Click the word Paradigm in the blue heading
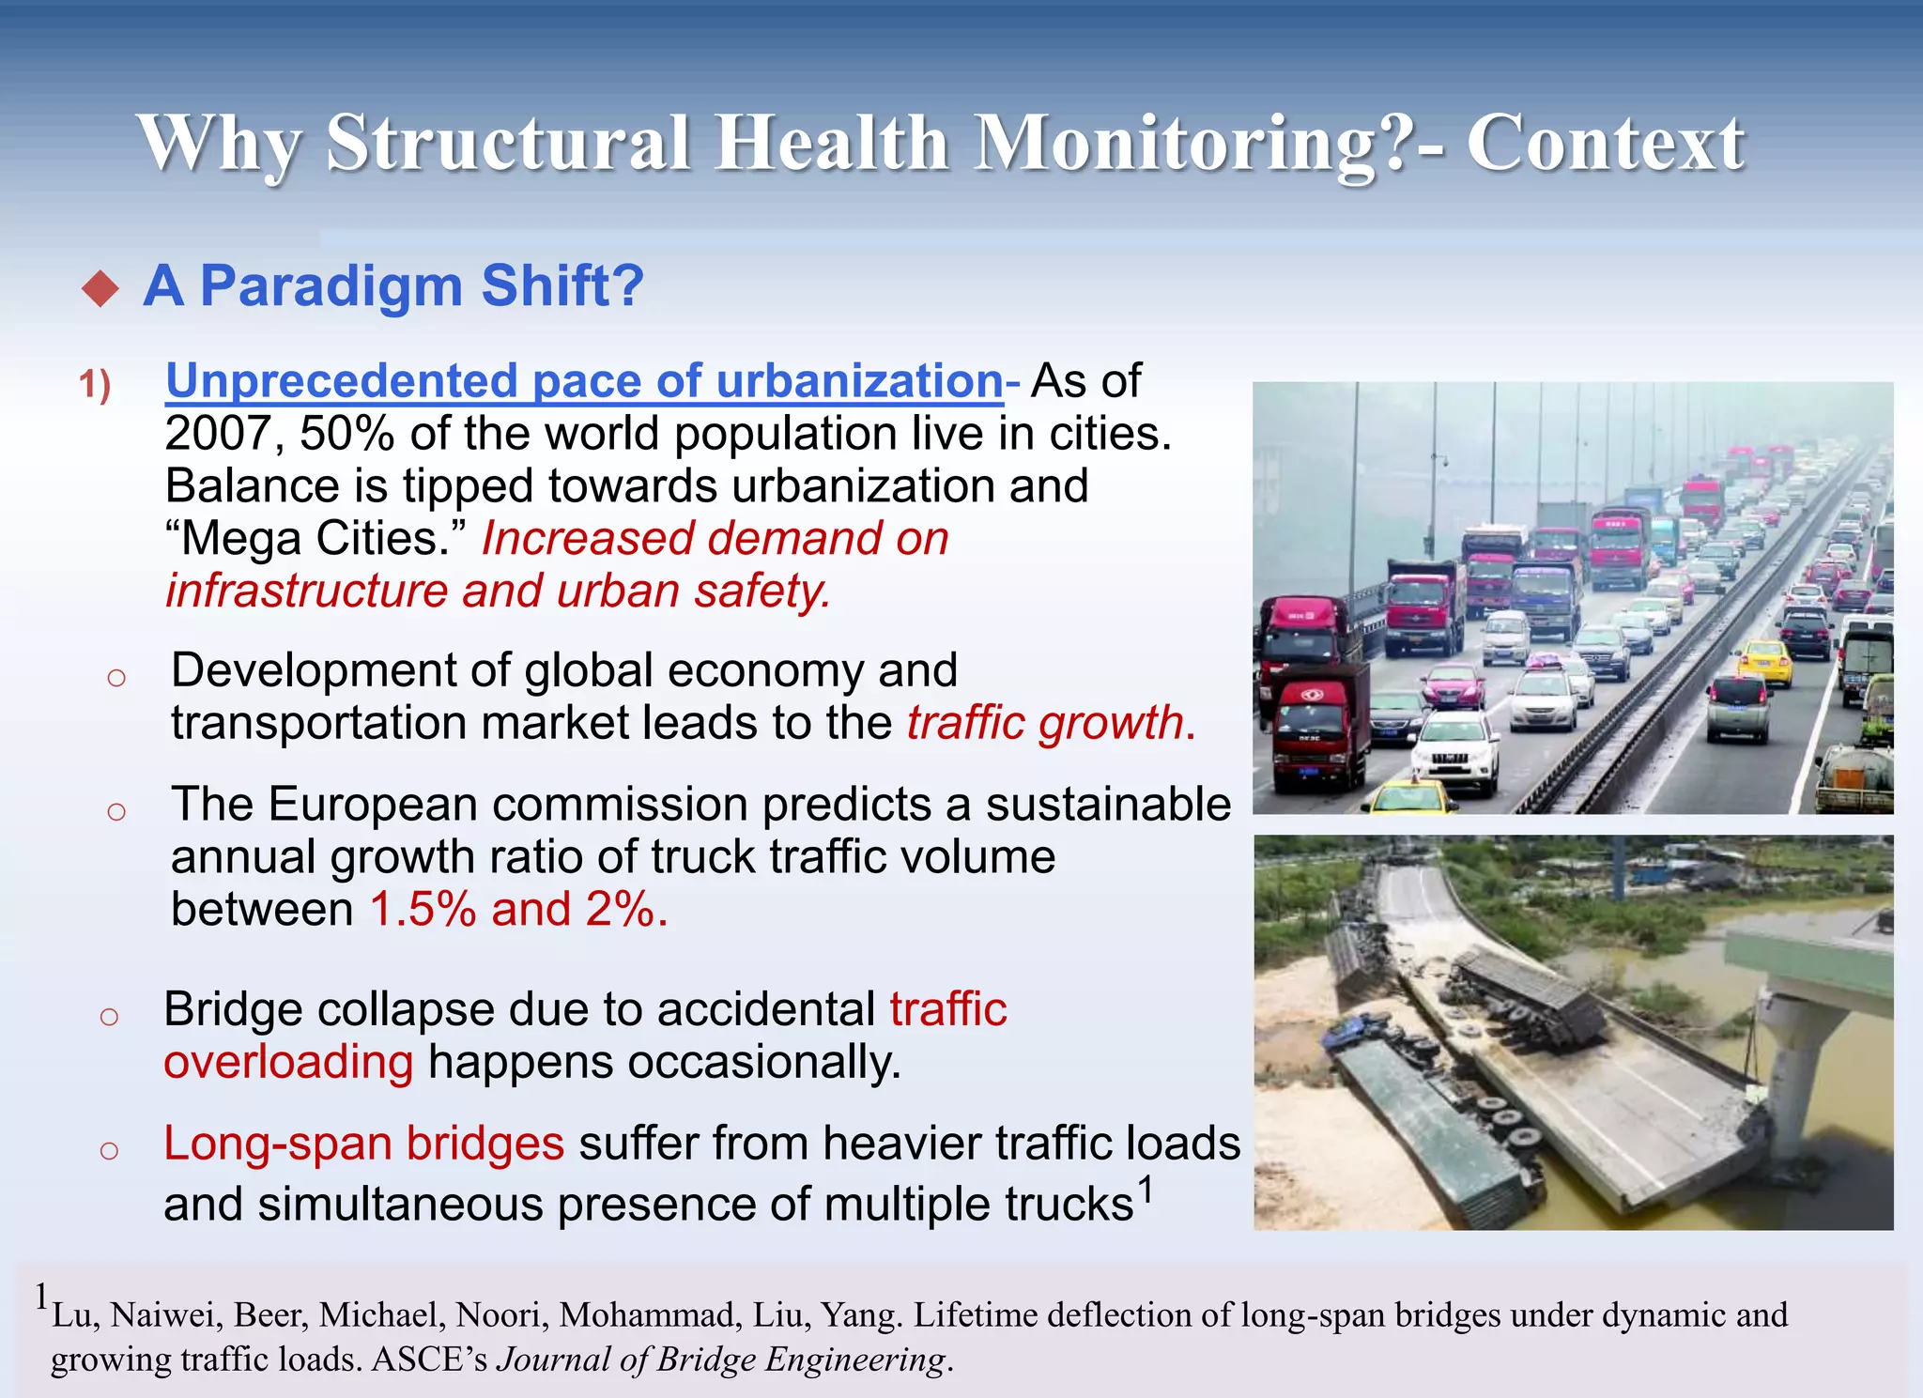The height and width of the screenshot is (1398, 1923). click(x=331, y=285)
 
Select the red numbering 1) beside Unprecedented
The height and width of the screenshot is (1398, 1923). click(x=94, y=385)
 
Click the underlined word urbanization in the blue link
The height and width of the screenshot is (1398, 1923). click(x=859, y=381)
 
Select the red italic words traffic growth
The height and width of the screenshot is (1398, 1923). click(x=1044, y=723)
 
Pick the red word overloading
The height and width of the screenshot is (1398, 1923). click(x=288, y=1062)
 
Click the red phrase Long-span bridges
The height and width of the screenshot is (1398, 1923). click(x=363, y=1144)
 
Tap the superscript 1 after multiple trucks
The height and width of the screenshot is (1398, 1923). click(x=1145, y=1190)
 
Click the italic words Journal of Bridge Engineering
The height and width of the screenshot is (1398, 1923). click(x=720, y=1360)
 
